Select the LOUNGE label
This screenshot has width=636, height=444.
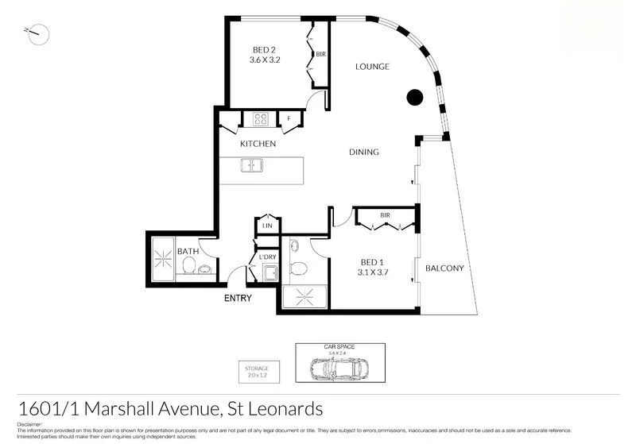click(372, 67)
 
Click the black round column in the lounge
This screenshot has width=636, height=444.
click(414, 98)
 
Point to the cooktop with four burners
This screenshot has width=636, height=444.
click(261, 120)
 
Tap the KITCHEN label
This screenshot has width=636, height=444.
click(258, 144)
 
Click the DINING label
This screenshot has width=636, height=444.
click(363, 153)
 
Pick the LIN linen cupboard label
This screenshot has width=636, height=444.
click(266, 226)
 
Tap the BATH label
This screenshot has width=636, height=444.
click(188, 252)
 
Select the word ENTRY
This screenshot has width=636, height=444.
click(238, 299)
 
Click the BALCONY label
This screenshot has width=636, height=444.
click(444, 268)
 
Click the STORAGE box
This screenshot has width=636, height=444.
click(257, 373)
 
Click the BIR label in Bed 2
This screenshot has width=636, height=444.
click(320, 55)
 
